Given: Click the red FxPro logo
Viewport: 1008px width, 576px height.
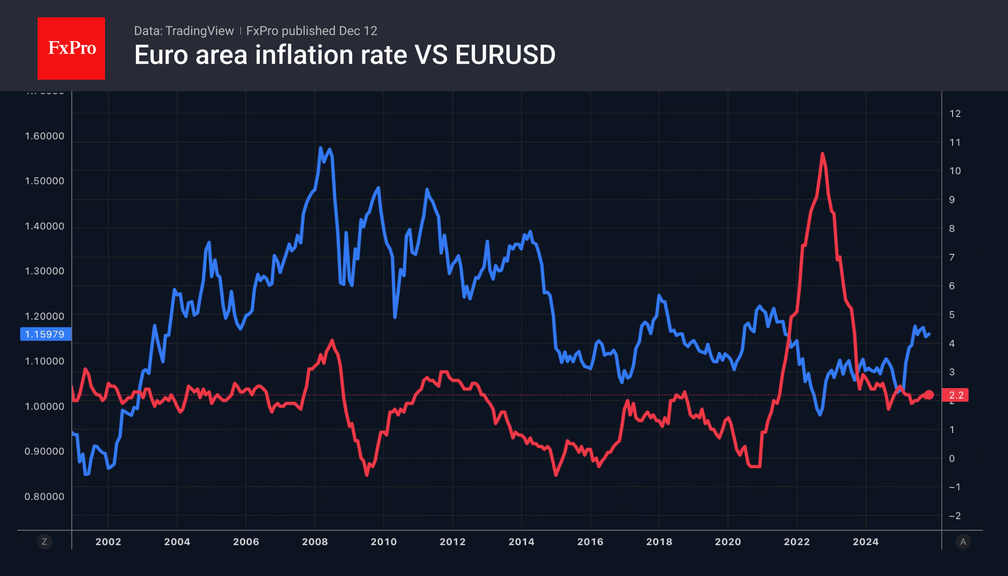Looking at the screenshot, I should [71, 48].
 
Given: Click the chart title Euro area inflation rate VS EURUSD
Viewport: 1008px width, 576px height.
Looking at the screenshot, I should [345, 55].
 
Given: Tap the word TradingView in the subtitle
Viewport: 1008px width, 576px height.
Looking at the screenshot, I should [199, 31].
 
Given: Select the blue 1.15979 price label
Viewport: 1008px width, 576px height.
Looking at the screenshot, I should [45, 334].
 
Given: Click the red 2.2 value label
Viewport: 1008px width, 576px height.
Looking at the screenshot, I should [955, 395].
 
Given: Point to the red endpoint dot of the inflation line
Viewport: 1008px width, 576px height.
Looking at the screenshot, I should [929, 395].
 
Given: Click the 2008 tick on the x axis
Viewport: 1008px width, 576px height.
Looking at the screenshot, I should [315, 541].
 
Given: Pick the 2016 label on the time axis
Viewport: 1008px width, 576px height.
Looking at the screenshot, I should [590, 541].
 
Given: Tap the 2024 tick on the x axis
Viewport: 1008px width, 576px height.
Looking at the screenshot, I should [865, 541].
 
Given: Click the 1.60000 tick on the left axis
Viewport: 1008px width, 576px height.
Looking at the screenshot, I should [44, 136].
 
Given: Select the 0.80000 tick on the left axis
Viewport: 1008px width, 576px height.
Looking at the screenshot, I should [44, 497].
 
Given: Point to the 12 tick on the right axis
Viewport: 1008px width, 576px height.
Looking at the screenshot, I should [955, 114].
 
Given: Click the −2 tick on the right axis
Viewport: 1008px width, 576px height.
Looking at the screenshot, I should [955, 516].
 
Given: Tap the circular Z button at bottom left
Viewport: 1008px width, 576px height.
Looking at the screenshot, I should [44, 542].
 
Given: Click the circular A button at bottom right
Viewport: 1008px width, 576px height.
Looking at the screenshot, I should [963, 542].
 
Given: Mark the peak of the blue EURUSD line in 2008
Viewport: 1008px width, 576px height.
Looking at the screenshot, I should [320, 148].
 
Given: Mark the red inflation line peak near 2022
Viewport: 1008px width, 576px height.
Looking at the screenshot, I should [822, 154].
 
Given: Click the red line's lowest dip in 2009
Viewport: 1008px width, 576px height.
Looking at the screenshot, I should [367, 475].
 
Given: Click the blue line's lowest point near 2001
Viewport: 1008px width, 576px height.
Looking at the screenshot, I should [86, 474].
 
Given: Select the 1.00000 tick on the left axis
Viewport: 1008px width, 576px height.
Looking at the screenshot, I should [44, 406].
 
